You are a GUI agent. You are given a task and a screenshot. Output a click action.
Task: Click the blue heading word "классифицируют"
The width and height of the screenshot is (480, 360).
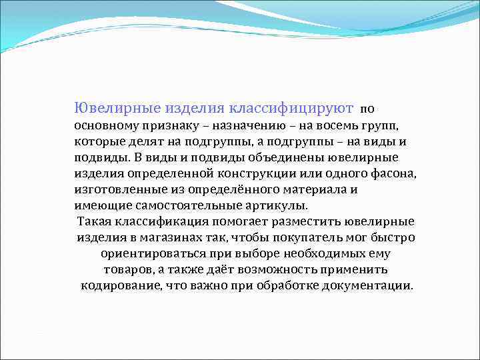[291, 107]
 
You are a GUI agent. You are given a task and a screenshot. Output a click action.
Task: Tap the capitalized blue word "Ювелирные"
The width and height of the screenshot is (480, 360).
[105, 107]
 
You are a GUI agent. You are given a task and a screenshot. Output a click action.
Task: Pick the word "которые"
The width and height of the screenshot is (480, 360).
[96, 141]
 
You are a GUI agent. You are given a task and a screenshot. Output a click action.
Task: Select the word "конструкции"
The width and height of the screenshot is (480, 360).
[253, 173]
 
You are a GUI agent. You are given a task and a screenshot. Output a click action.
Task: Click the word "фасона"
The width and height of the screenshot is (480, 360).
[392, 173]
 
